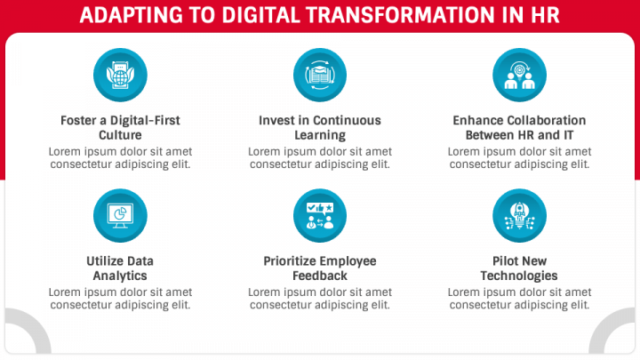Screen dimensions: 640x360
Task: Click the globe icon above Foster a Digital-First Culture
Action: (x=120, y=75)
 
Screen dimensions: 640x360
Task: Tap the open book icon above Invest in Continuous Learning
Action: (x=320, y=75)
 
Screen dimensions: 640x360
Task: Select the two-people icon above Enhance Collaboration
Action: (x=519, y=76)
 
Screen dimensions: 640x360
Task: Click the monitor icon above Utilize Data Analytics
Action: (x=120, y=215)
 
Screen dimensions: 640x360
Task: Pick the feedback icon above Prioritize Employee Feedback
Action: (x=320, y=215)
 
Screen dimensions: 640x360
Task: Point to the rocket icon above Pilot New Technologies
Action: (x=519, y=215)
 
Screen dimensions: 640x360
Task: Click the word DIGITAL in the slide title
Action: (x=260, y=15)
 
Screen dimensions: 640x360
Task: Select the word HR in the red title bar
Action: (x=545, y=15)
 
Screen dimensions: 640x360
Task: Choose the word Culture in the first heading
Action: (x=120, y=135)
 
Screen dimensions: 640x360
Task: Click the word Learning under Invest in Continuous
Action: (x=320, y=135)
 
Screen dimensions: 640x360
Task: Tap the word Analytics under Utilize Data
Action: (x=120, y=276)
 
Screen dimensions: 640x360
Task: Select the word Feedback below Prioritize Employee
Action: (x=320, y=276)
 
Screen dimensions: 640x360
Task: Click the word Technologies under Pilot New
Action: (x=519, y=276)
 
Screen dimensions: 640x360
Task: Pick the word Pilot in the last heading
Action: (x=505, y=261)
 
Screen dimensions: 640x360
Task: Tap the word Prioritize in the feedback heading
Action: (x=290, y=261)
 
